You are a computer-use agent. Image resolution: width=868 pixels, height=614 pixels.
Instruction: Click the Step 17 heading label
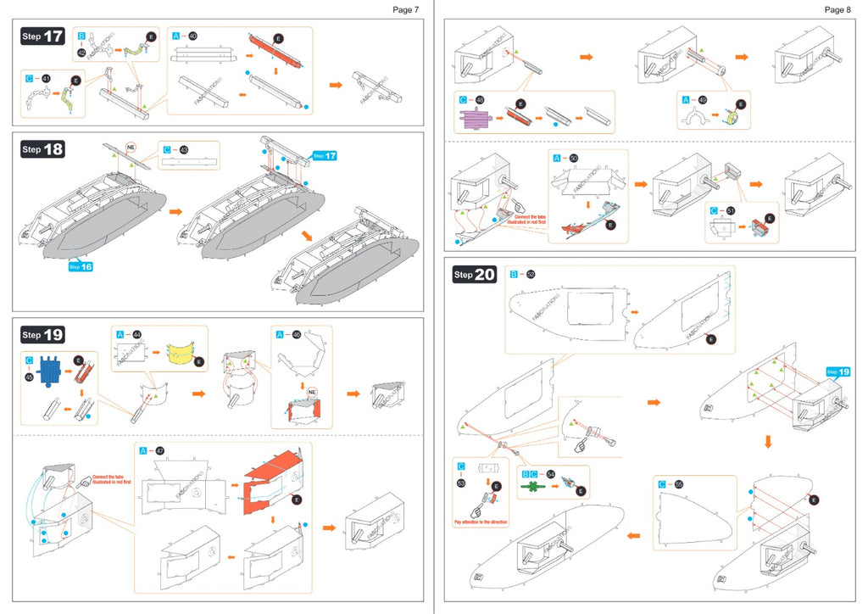tap(42, 36)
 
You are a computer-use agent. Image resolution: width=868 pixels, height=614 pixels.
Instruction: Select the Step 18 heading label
tap(42, 149)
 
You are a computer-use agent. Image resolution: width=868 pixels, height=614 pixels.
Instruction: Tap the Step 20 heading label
tap(475, 274)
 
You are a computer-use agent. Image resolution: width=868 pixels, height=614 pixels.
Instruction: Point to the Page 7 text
tap(405, 9)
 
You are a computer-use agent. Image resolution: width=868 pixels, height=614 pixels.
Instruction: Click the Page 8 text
tap(837, 9)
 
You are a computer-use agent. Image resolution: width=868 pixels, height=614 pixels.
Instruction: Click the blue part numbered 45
tap(50, 370)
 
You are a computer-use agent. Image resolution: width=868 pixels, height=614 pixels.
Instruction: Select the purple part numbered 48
tap(478, 114)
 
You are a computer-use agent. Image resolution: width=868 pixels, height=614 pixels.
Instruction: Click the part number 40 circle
tap(193, 36)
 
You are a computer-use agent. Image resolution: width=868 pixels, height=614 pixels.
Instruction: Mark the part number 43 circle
tap(184, 150)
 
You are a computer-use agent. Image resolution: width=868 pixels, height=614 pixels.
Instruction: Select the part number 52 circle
tap(531, 274)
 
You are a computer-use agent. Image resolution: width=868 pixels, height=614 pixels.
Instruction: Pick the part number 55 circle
tap(679, 484)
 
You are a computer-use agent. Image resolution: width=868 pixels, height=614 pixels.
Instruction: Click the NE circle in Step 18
tap(131, 146)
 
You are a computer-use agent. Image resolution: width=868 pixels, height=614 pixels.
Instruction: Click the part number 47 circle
tap(160, 449)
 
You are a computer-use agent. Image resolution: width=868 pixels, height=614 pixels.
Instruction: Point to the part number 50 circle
tap(574, 159)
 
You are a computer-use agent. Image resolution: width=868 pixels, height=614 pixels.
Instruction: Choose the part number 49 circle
tap(703, 99)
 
